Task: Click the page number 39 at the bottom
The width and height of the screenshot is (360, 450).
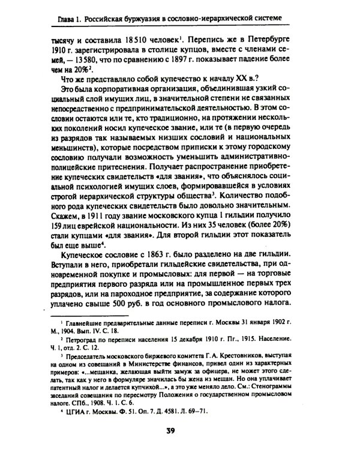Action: [x=179, y=429]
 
